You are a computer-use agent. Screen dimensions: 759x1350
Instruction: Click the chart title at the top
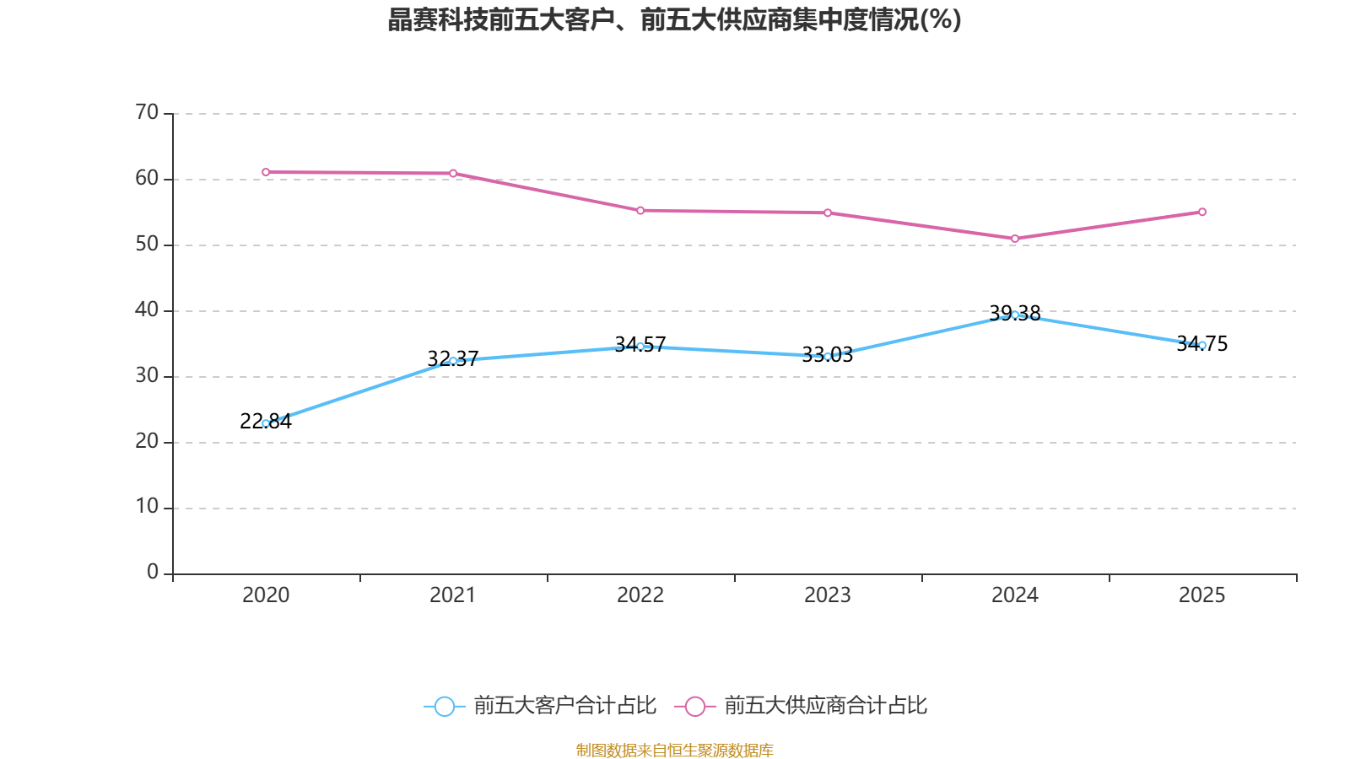(674, 19)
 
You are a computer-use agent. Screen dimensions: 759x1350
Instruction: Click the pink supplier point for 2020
(266, 172)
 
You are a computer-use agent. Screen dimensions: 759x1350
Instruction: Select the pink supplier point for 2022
(640, 210)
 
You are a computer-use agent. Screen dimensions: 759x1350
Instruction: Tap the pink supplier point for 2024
(1015, 239)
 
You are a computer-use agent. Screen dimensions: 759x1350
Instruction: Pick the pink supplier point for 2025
(1202, 212)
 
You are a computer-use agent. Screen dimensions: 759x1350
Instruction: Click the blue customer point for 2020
(266, 423)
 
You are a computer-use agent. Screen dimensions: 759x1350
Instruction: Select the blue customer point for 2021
(453, 361)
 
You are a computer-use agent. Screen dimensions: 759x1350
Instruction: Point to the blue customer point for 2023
(828, 357)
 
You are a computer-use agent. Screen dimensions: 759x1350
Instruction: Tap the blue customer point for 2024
(1015, 315)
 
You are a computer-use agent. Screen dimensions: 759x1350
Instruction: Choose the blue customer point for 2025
(1202, 345)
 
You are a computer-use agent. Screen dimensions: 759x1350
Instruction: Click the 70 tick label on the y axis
(147, 112)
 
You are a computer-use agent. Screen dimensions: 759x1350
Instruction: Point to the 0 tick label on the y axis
(153, 573)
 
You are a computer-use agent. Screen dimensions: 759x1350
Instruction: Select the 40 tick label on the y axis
(147, 310)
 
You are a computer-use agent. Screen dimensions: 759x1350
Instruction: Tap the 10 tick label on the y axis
(147, 507)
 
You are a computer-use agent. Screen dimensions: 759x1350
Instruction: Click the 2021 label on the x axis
(453, 595)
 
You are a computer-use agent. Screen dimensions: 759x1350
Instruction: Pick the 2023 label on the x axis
(828, 595)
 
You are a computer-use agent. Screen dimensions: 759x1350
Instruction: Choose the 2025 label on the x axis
(1202, 595)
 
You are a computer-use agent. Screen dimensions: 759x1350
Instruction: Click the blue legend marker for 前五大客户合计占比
(445, 706)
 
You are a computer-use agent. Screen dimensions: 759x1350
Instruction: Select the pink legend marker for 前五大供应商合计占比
(695, 706)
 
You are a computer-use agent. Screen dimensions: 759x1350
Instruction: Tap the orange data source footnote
(674, 750)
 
